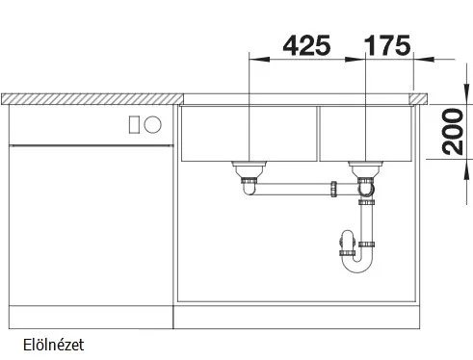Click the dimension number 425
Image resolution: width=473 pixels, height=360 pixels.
[306, 45]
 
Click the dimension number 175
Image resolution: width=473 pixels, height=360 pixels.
[387, 45]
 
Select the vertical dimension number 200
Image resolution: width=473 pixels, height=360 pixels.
[453, 132]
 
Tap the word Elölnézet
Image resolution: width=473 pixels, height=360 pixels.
[53, 345]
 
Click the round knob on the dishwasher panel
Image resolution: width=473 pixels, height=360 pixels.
[152, 124]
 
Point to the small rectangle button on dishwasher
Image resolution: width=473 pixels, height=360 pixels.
[134, 125]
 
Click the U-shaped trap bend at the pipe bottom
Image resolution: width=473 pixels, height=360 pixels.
[357, 264]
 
